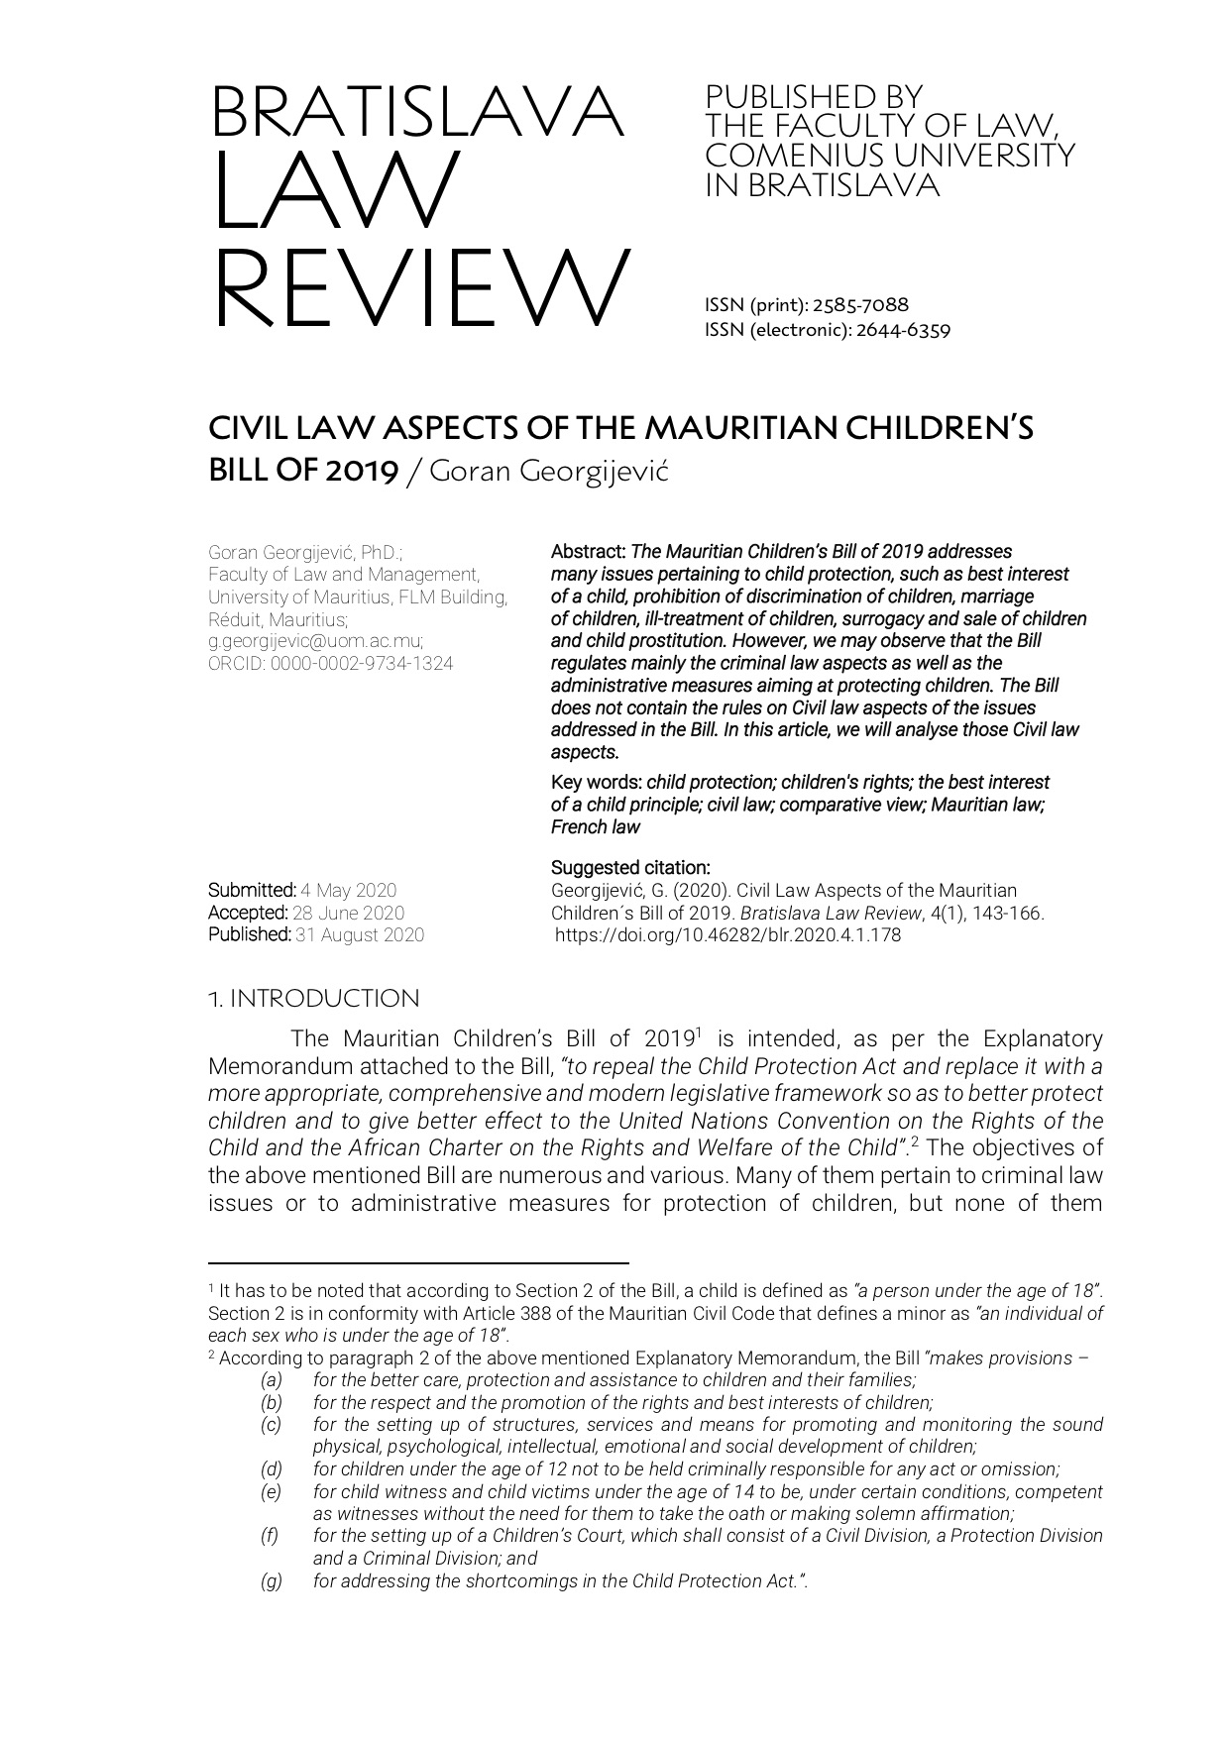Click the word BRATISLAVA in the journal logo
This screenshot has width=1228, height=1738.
coord(417,113)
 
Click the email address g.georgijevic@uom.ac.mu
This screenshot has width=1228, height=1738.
coord(315,641)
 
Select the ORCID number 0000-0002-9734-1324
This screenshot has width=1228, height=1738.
coord(362,664)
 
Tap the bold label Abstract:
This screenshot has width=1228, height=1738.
coord(589,551)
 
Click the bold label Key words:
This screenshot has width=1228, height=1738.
coord(597,782)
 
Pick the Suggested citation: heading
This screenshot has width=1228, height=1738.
coord(630,868)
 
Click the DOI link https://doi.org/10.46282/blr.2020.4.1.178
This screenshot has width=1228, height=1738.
coord(727,934)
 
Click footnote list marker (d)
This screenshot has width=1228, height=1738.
coord(271,1468)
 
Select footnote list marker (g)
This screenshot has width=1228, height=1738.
coord(271,1580)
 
